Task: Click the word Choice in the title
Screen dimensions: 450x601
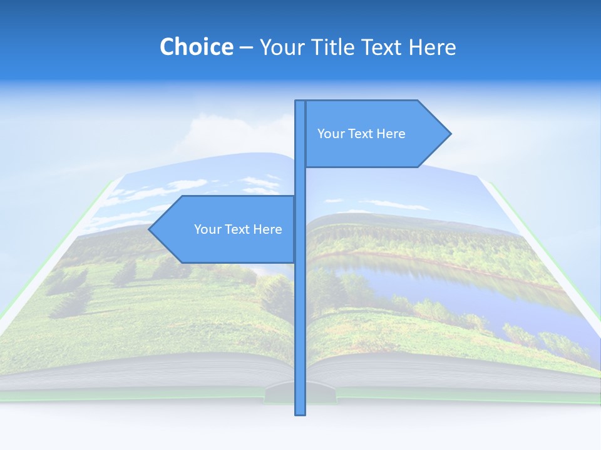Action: (x=196, y=47)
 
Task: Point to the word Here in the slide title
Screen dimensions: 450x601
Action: (x=432, y=47)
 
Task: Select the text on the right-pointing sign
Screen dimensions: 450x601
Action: (x=361, y=134)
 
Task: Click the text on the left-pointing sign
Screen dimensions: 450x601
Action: (x=238, y=229)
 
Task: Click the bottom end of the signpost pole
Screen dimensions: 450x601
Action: (x=300, y=413)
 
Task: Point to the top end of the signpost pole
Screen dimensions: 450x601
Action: (x=300, y=102)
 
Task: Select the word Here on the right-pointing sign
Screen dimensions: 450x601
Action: (x=391, y=134)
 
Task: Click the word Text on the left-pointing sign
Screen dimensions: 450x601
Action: (x=237, y=229)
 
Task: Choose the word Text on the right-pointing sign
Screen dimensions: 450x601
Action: (x=360, y=134)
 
